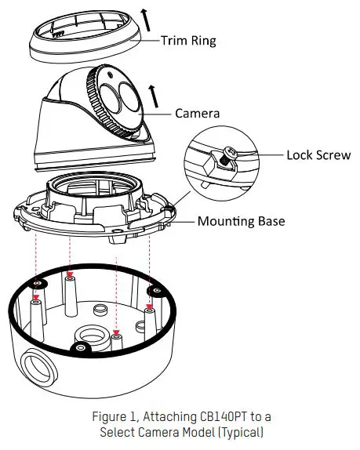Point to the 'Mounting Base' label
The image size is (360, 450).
click(240, 221)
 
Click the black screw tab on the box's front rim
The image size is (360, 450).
click(81, 346)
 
